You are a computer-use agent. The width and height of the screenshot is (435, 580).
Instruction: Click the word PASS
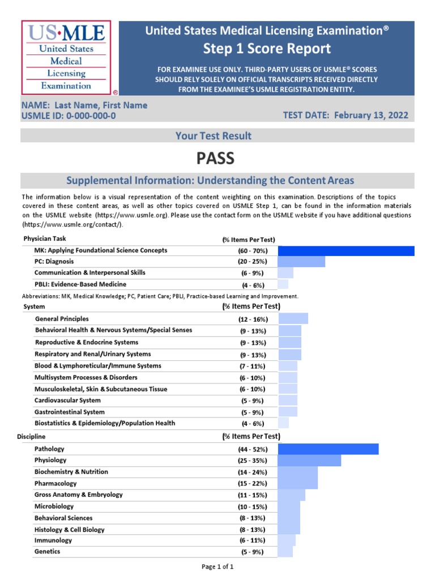215,158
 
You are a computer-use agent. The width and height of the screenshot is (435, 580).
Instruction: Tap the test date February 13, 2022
370,116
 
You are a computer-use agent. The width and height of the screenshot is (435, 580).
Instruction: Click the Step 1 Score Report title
267,48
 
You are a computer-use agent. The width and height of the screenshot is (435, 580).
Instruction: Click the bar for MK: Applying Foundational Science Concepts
346,250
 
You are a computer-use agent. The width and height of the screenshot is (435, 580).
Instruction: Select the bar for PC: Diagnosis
301,262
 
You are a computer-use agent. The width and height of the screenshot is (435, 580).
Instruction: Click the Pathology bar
328,449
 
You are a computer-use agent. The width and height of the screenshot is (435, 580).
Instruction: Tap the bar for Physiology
309,460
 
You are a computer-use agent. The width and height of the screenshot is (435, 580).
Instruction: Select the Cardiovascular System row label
67,400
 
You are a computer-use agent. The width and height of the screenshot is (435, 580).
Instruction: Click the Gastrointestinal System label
69,412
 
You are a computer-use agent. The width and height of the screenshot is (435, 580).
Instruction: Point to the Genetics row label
47,552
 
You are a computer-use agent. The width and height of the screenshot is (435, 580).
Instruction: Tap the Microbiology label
54,506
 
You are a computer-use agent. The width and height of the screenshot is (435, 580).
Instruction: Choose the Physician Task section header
45,239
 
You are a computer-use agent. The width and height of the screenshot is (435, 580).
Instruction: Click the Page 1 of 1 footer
217,566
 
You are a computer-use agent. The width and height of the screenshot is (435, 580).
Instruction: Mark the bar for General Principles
293,319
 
